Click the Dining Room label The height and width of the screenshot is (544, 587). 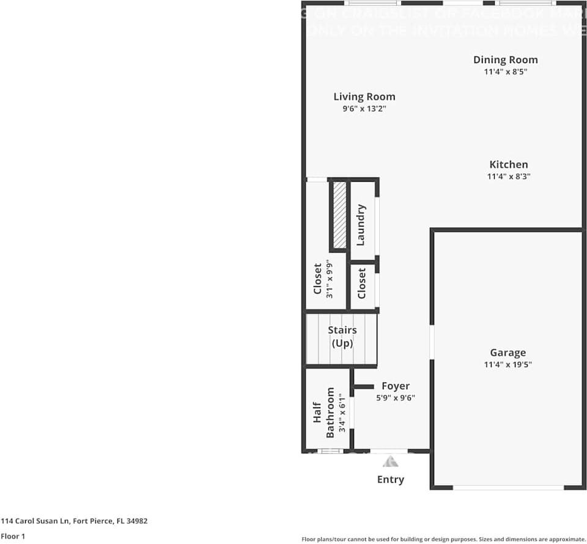pos(505,59)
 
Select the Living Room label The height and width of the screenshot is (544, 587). pos(364,97)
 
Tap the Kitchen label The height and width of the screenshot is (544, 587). pos(508,165)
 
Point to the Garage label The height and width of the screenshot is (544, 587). pos(508,352)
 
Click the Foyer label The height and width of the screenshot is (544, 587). pos(396,386)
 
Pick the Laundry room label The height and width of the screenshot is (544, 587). pos(361,225)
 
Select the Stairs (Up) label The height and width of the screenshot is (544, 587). pos(342,337)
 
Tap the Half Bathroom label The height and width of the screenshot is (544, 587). pos(323,412)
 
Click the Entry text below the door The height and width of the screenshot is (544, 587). pos(390,479)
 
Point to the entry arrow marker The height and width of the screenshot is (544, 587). pos(390,460)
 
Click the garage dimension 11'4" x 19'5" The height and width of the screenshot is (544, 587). pos(508,365)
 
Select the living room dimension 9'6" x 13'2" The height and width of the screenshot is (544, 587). pos(364,108)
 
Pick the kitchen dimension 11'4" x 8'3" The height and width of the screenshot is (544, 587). pos(508,176)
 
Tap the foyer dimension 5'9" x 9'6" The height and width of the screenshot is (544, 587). pos(396,397)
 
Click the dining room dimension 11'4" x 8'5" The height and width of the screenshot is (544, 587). pos(505,71)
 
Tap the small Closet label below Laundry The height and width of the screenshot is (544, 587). pos(361,283)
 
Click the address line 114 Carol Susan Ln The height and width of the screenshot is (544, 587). pos(74,521)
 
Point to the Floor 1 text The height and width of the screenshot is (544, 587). pos(13,536)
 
